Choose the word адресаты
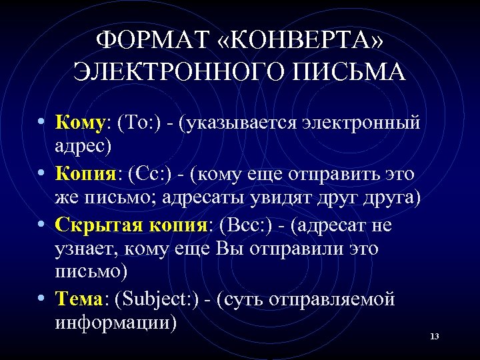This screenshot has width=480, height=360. pos(214,199)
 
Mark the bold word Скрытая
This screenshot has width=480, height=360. pos(94,226)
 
